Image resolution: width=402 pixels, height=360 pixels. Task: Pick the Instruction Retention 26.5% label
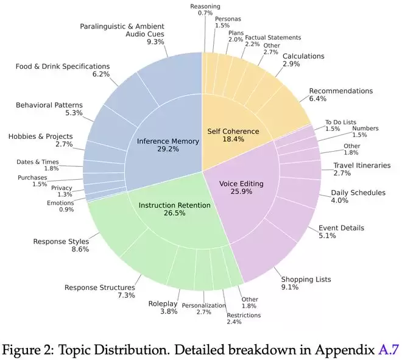click(x=175, y=210)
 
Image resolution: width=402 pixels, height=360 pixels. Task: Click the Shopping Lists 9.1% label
click(x=306, y=284)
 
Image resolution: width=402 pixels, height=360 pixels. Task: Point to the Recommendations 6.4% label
click(x=340, y=95)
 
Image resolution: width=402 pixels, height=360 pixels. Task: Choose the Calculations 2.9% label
click(x=303, y=60)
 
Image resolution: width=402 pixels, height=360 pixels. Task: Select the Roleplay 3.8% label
click(x=163, y=308)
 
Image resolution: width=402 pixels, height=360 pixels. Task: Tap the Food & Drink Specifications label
click(x=63, y=70)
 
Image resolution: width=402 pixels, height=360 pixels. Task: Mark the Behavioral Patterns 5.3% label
click(x=49, y=109)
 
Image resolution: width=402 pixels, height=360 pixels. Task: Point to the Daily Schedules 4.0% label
click(x=358, y=197)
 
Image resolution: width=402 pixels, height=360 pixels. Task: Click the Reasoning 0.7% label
click(x=205, y=10)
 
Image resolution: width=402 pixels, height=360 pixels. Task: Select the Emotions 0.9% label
click(x=60, y=206)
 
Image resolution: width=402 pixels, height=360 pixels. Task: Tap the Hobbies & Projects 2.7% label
click(x=41, y=140)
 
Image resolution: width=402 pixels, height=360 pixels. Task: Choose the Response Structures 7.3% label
click(x=100, y=291)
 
